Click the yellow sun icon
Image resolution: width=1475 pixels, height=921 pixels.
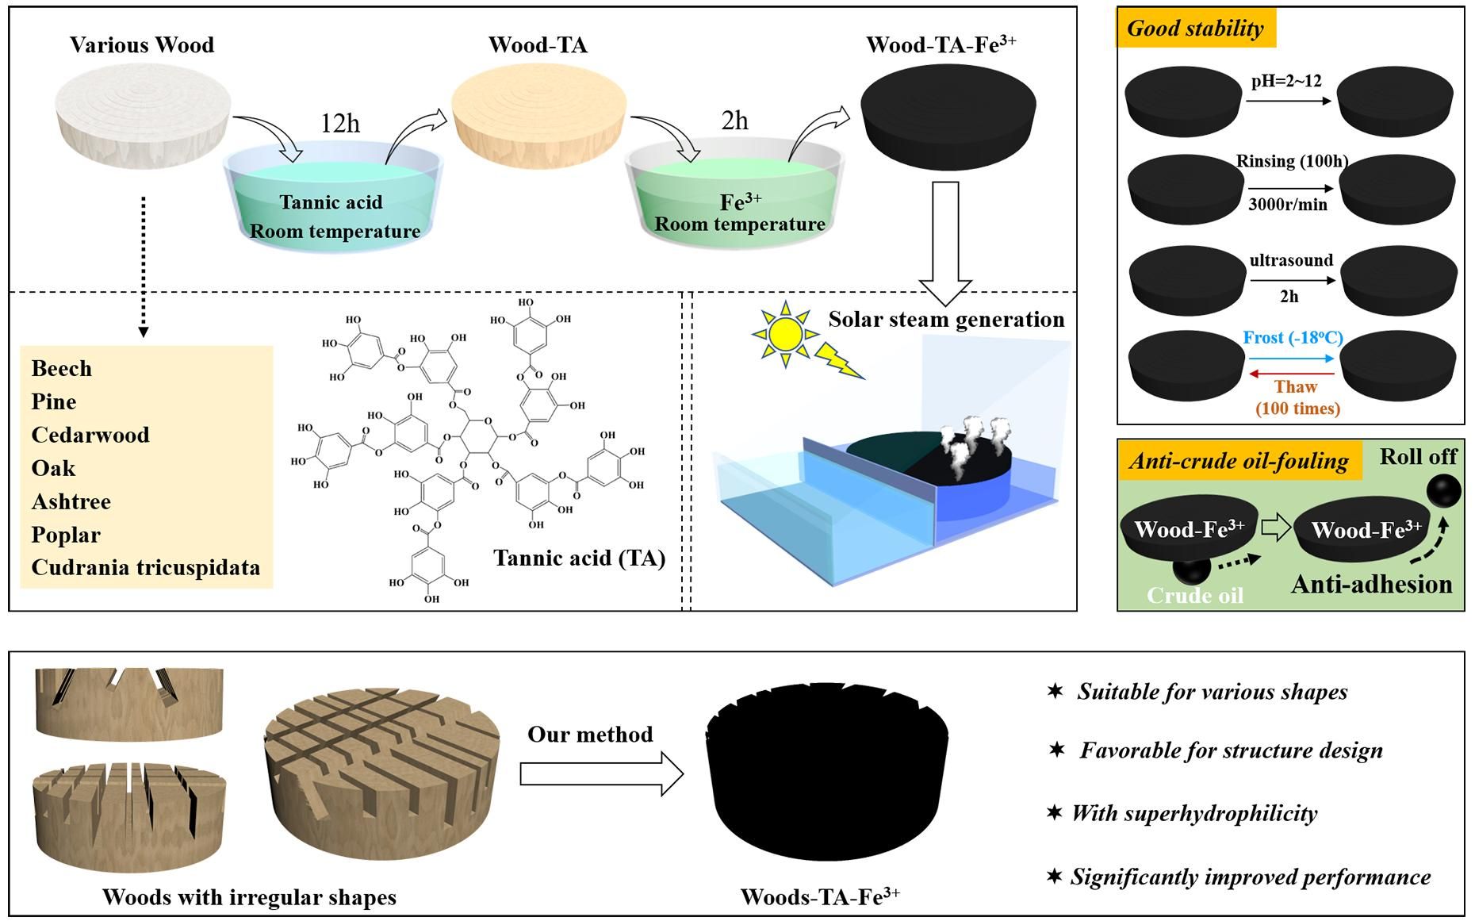[784, 334]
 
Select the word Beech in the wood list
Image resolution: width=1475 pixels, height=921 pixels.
[62, 369]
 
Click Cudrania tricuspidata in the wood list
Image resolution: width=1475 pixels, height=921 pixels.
[146, 568]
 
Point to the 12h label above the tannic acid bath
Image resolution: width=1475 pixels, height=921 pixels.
[340, 124]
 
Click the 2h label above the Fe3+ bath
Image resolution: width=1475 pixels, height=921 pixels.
[734, 121]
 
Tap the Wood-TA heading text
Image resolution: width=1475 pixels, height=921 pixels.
[538, 45]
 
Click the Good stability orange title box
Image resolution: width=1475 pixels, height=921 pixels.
[1195, 29]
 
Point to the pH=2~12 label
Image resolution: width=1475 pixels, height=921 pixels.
[1286, 81]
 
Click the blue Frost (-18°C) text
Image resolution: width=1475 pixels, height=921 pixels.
[1293, 338]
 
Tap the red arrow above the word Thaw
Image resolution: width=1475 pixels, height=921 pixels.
[1291, 373]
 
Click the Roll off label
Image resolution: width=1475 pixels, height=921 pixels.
[1418, 457]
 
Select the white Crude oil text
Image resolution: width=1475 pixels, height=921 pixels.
[1194, 595]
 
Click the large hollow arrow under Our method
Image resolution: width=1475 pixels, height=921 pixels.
[601, 773]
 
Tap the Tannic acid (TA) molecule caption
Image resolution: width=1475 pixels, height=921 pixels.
[580, 558]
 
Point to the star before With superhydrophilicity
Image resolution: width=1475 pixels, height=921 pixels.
[1054, 812]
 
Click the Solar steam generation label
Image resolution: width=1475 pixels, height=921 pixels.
[946, 320]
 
